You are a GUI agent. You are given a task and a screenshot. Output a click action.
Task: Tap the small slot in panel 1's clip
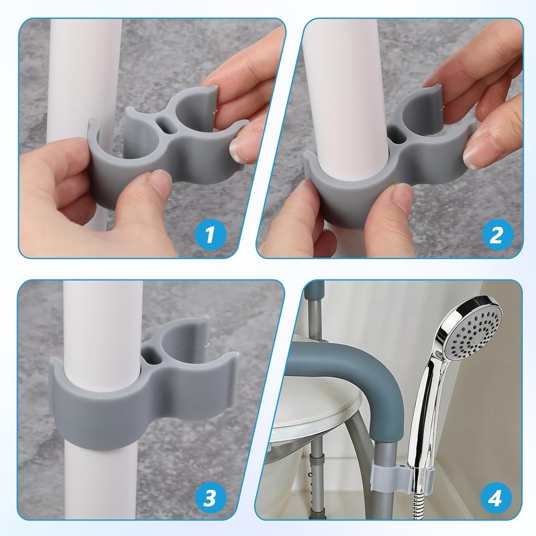coord(166,125)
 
